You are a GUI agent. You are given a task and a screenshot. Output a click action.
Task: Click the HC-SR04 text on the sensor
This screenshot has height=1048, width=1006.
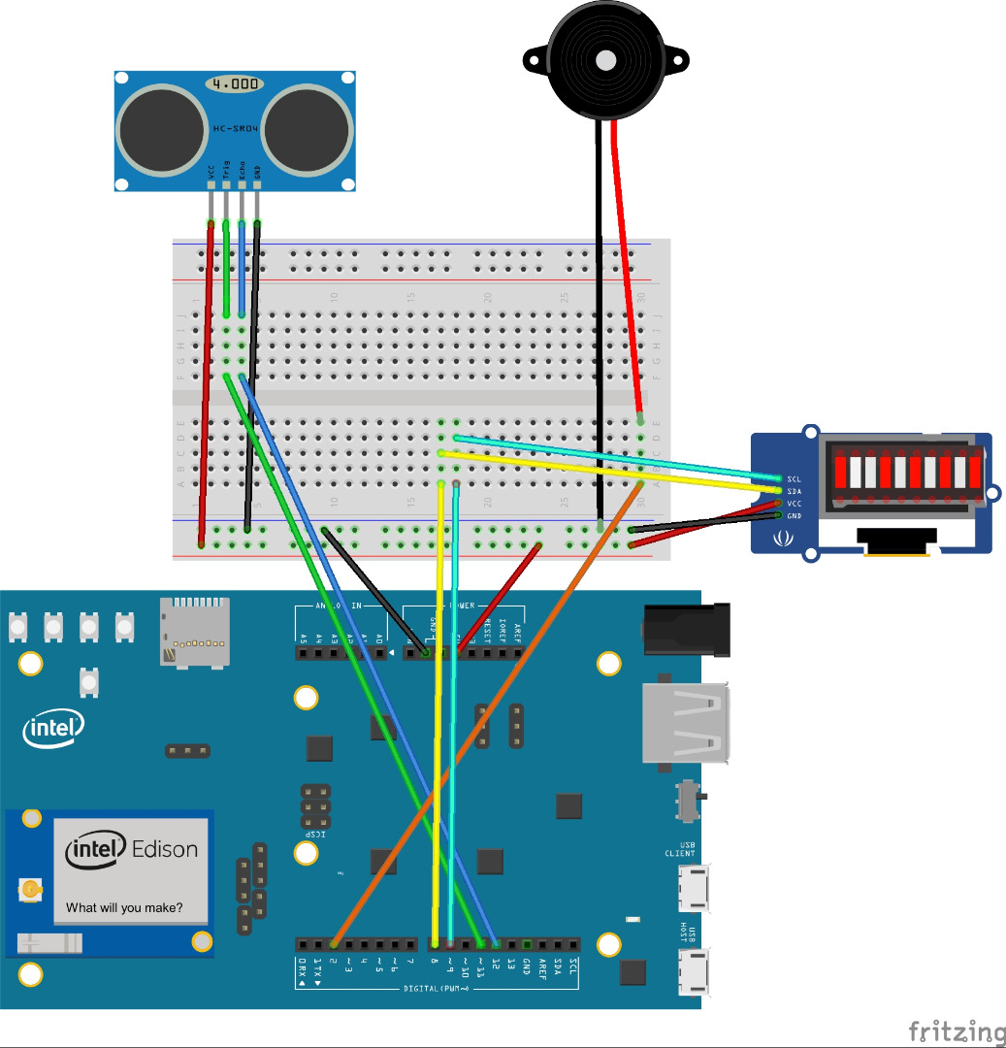[235, 128]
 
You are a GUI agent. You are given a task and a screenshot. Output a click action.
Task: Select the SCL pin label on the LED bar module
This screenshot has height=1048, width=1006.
[795, 479]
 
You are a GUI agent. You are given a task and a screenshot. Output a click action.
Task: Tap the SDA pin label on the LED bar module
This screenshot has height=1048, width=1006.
[795, 491]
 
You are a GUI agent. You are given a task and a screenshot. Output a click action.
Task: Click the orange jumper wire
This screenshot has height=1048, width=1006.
[485, 718]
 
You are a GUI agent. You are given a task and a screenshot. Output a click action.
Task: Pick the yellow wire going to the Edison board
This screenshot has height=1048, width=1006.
[438, 718]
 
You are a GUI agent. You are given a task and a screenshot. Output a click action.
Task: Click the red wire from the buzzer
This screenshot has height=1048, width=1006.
[626, 272]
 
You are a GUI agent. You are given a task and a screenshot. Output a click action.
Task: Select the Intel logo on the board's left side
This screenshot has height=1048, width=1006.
[54, 727]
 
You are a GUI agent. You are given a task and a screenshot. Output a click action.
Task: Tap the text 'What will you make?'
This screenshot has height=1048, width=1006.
[124, 909]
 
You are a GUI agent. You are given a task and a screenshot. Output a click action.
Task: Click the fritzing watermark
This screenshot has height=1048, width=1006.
[956, 1031]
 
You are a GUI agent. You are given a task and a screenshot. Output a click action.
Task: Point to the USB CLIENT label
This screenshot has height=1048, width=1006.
[687, 849]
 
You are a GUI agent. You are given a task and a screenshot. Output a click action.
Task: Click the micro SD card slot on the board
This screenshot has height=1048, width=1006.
[195, 632]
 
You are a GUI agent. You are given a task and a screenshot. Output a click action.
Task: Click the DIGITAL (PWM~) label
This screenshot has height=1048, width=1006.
[437, 989]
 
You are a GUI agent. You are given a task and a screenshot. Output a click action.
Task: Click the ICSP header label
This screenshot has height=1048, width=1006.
[314, 835]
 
